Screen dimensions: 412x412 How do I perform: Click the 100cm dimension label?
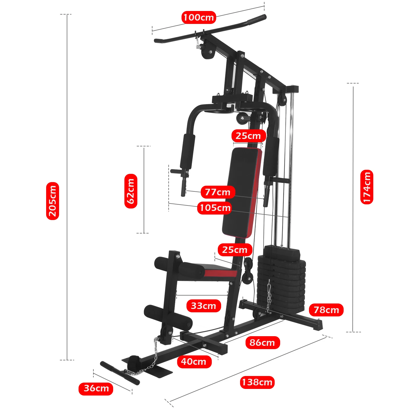pos(199,18)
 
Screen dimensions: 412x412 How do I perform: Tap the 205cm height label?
pos(52,201)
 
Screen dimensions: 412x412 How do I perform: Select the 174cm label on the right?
pos(367,187)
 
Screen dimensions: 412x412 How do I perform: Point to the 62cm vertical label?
pos(131,191)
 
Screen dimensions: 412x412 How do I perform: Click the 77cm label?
pos(218,192)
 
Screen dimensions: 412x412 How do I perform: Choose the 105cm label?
pos(215,208)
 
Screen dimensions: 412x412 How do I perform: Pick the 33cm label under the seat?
pos(204,306)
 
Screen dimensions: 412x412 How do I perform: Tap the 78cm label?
pos(326,310)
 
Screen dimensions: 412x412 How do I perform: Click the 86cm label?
pos(262,343)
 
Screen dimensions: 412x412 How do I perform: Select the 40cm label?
pos(194,362)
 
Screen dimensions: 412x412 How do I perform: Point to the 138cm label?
pos(257,382)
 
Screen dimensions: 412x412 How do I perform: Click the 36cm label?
pos(96,388)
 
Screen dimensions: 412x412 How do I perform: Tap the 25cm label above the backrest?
pos(248,136)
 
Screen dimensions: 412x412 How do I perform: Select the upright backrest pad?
pos(242,192)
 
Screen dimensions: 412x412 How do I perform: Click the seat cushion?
pos(217,271)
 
